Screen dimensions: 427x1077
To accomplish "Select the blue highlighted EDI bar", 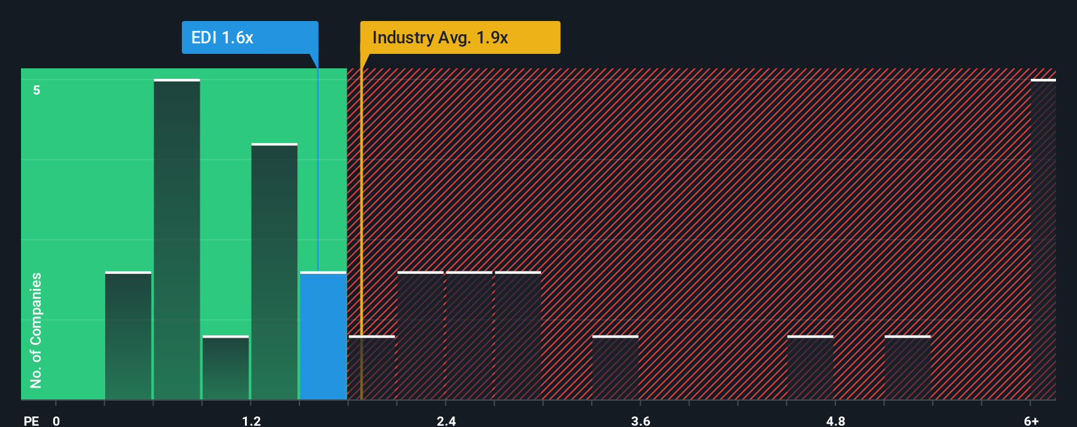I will (x=323, y=335).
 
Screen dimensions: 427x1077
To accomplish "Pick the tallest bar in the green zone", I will (x=177, y=240).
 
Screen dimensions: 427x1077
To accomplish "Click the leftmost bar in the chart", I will (x=128, y=335).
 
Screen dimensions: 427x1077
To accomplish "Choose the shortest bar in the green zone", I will (x=225, y=368).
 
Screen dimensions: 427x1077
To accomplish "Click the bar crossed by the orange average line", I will (x=372, y=368).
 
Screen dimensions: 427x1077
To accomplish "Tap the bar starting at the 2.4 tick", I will (x=469, y=335).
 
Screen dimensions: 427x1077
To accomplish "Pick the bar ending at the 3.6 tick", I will (x=615, y=368).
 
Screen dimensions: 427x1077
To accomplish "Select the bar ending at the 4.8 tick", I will (x=810, y=368).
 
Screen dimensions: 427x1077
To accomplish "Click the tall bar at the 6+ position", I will (x=1043, y=240).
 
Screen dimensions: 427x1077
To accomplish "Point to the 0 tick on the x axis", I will (x=56, y=420).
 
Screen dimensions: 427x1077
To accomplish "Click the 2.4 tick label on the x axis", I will (x=446, y=420).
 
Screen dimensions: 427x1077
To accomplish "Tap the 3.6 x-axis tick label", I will (x=640, y=420).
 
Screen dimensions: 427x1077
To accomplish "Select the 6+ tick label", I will (x=1031, y=420).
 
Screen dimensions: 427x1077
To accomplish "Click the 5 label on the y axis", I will (x=37, y=90).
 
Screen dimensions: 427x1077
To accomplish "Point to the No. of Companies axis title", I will (x=36, y=330).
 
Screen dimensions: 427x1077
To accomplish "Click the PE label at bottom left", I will (x=31, y=420).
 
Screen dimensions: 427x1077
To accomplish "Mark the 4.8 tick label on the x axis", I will (x=835, y=420).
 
